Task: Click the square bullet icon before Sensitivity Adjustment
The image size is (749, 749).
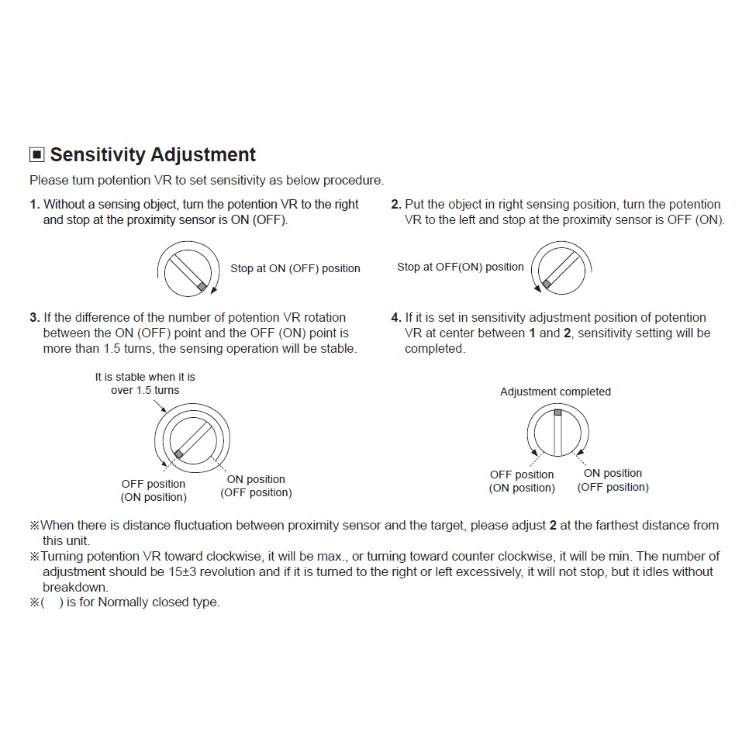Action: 36,155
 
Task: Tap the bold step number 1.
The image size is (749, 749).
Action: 34,205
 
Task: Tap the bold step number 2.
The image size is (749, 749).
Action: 396,205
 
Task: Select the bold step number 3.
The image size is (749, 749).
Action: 34,318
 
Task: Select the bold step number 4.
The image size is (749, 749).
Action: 396,318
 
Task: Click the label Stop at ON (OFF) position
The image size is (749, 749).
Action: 295,269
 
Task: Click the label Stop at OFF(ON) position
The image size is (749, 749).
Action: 461,267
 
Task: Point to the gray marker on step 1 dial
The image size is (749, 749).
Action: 202,286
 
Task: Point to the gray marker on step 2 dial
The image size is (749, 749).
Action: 546,285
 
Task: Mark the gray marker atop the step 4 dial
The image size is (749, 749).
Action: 557,412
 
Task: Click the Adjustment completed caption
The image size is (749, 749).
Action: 555,392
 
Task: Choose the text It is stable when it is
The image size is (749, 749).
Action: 145,378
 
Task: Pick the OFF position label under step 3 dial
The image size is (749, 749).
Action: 154,484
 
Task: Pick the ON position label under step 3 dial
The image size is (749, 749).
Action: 256,479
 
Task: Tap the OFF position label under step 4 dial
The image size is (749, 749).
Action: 522,475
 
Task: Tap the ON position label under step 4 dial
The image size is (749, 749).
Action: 613,473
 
